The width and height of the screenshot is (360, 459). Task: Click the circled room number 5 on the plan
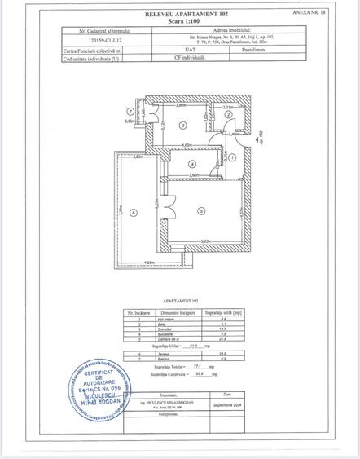click(x=201, y=210)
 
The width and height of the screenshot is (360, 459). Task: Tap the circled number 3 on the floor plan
click(x=184, y=125)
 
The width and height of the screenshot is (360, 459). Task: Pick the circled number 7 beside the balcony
click(x=129, y=111)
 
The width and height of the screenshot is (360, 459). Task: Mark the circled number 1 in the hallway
click(x=233, y=157)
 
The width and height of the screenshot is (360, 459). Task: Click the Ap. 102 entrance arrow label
click(x=261, y=138)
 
